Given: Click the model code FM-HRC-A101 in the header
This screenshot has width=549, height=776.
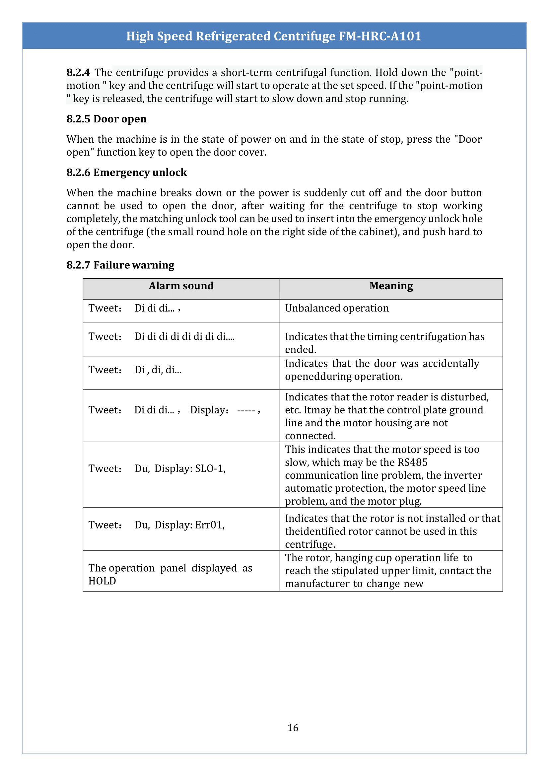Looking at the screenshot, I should [380, 36].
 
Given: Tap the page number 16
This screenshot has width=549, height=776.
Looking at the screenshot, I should [293, 727].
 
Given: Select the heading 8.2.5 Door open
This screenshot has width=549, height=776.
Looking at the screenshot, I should [106, 119].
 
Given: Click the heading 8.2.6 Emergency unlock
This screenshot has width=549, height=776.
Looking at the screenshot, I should [126, 173].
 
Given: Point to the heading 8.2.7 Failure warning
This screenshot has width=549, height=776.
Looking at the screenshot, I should [120, 265].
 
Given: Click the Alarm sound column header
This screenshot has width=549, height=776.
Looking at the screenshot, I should [181, 286].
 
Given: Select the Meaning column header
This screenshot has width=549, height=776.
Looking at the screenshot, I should [391, 286].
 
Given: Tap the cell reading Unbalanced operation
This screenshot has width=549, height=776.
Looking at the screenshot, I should [337, 308].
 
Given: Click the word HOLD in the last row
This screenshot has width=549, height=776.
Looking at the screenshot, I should [102, 581].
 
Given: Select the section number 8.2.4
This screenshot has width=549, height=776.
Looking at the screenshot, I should [78, 72].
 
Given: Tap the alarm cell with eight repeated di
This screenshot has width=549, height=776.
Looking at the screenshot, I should [184, 337].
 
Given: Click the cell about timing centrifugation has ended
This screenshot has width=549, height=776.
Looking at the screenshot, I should [384, 342].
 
